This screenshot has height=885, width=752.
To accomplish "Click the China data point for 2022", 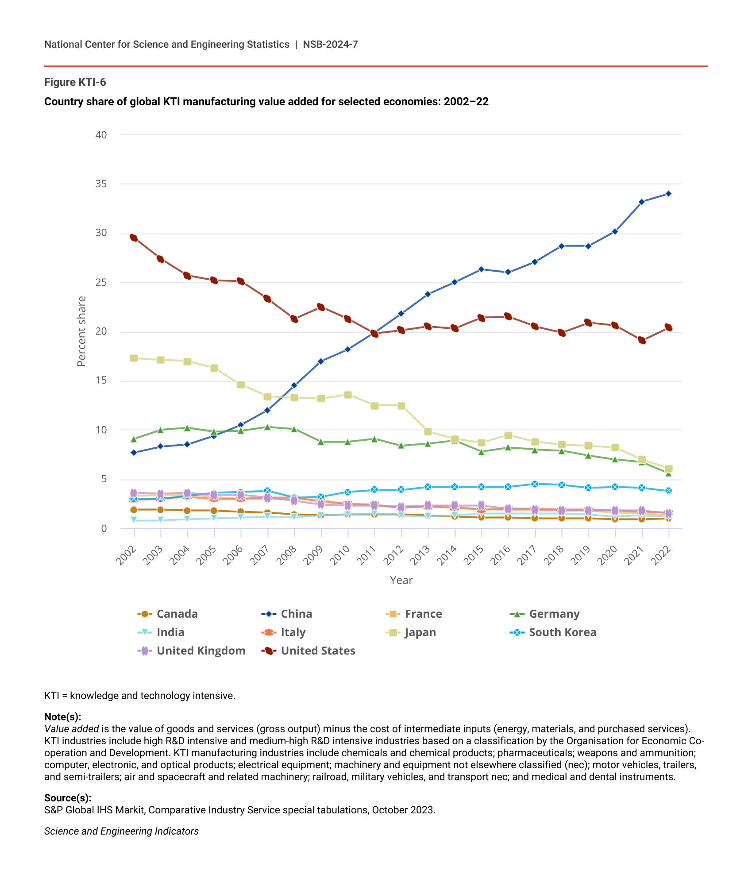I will (668, 193).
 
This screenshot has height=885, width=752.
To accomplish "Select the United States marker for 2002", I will (134, 238).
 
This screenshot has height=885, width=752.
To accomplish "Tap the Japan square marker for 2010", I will (348, 395).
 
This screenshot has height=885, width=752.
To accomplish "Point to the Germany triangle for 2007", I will (267, 427).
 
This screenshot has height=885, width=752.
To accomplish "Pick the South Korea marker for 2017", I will (535, 484).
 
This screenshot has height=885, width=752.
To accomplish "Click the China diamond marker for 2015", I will (481, 269).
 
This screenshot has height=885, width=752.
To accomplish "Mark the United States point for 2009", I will (321, 307).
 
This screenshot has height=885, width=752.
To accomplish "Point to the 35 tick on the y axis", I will (101, 184).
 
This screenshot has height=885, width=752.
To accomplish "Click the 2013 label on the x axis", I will (421, 555).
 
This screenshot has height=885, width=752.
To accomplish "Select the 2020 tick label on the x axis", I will (608, 555).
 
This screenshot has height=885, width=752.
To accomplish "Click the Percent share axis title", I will (81, 331).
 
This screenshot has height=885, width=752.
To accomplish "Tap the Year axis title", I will (401, 580).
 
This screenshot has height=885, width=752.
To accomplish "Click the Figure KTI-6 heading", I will (75, 82).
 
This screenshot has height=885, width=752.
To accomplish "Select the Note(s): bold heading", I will (62, 717).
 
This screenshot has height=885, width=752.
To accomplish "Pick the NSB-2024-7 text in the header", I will (330, 44).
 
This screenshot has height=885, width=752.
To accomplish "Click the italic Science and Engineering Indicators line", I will (121, 831).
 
